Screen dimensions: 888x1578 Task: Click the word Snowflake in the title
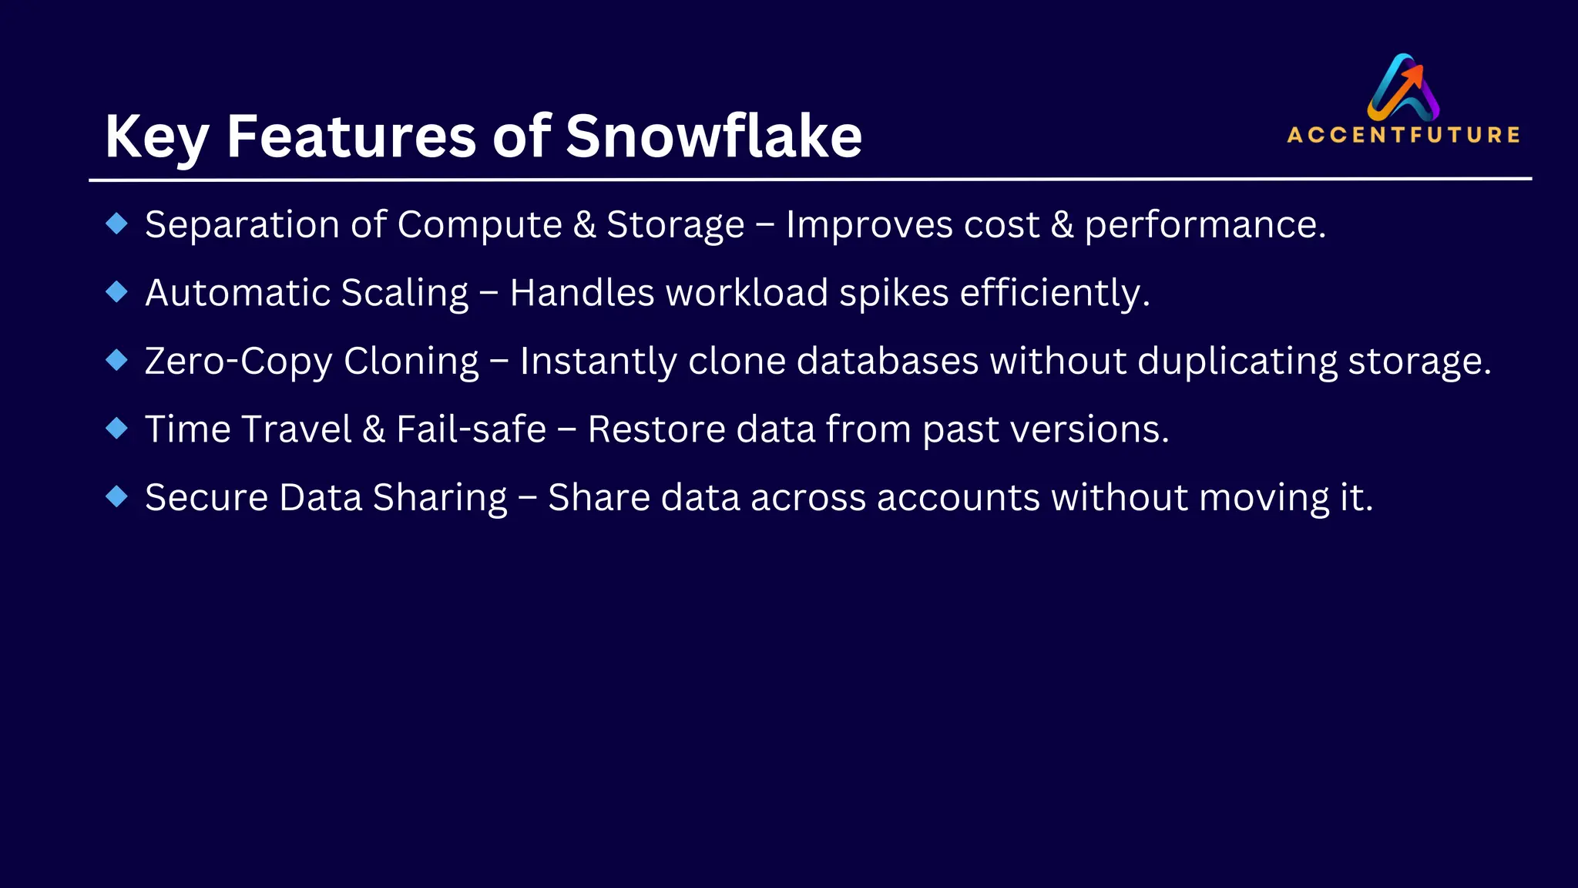(713, 136)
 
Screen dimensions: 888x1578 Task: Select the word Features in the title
(351, 136)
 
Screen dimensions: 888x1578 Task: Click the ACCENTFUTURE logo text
(1403, 135)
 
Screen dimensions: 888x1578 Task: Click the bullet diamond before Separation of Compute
(117, 224)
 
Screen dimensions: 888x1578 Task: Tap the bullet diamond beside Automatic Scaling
(117, 292)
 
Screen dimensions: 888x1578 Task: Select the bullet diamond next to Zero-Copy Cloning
(117, 360)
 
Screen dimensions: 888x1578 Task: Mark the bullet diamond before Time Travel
(117, 429)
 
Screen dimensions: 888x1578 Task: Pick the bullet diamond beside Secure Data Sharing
(117, 496)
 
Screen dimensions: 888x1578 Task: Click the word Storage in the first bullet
(675, 225)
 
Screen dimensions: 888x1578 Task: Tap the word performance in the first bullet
(1204, 225)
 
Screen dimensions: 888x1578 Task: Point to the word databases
(887, 361)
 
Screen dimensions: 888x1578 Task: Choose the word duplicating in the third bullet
(1237, 361)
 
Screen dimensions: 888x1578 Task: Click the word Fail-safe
(471, 429)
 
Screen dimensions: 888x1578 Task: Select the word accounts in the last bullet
(958, 497)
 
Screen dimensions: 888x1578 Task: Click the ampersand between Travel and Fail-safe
(374, 429)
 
